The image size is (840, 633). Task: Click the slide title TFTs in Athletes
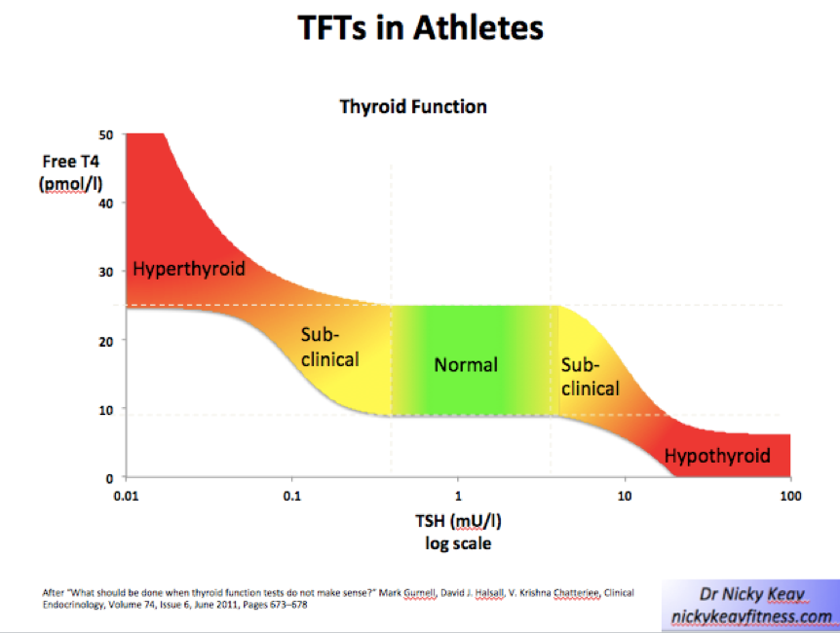(420, 28)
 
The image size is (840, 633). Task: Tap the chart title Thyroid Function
(413, 106)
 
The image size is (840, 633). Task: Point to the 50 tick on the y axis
(105, 133)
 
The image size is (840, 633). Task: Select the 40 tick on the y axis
(105, 203)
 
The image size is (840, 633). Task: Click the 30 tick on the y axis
(105, 272)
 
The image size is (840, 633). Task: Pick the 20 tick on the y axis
(105, 340)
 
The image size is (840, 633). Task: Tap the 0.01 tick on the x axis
(126, 496)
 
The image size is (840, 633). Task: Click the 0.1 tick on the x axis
(291, 496)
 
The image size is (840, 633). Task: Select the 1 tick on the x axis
(458, 496)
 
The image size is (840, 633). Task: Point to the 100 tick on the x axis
(789, 496)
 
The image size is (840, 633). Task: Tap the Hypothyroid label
(717, 455)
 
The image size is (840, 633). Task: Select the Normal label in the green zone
(466, 365)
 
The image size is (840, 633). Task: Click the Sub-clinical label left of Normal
(329, 348)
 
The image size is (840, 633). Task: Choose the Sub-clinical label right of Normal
(590, 377)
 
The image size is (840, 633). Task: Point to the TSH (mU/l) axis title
(456, 521)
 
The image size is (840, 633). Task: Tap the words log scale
(457, 543)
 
